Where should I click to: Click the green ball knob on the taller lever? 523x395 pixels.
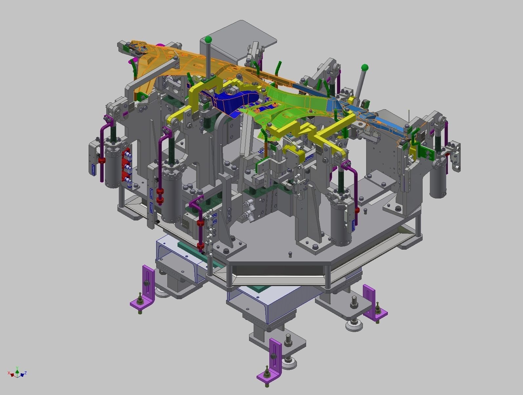[208, 40]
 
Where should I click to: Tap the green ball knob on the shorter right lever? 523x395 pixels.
[365, 68]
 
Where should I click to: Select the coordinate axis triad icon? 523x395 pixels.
[17, 373]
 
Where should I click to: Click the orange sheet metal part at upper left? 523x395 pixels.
[157, 62]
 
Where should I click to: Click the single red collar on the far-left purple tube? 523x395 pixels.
[102, 160]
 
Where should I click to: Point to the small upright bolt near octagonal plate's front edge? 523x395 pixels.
[290, 254]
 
